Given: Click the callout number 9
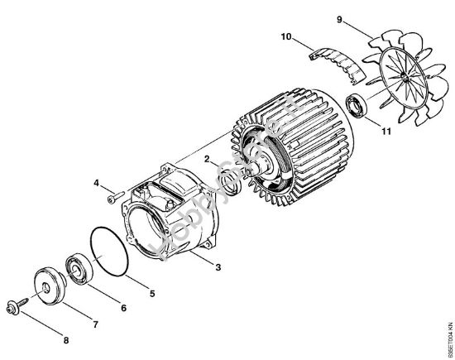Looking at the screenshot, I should pos(339,17).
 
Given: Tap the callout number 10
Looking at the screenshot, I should pos(285,37).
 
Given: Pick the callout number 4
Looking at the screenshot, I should pos(95,182).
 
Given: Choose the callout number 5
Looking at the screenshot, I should pos(151,293).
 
